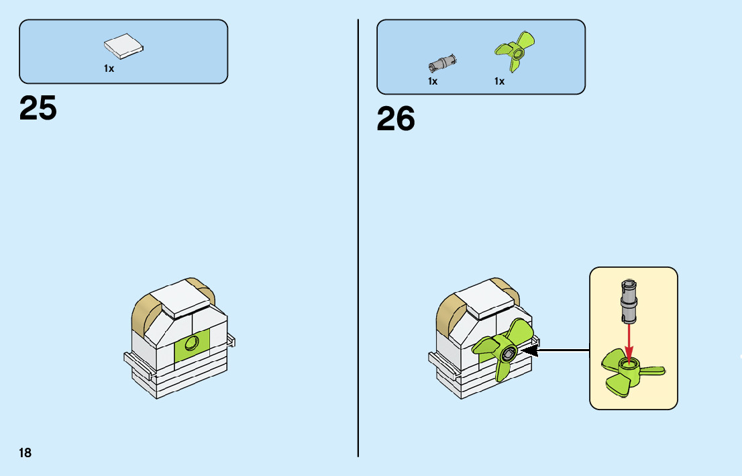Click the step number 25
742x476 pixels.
38,107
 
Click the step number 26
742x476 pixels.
396,119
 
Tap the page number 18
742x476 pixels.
25,453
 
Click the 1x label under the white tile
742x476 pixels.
109,68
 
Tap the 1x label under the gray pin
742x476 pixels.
433,81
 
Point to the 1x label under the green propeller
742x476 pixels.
499,81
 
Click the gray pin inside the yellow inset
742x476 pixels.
629,302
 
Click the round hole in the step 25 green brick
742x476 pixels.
193,344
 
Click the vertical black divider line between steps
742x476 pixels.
358,269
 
